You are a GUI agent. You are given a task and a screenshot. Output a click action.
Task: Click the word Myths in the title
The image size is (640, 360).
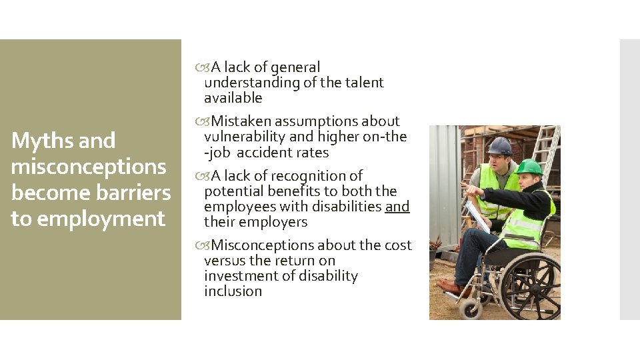[34, 141]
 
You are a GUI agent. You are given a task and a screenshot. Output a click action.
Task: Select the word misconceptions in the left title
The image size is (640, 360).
[89, 167]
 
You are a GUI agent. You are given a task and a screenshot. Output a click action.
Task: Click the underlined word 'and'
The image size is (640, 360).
[397, 207]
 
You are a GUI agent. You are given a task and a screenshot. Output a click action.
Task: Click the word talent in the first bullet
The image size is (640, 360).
[365, 83]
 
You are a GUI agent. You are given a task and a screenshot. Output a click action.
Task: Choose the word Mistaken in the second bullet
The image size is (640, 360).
[241, 121]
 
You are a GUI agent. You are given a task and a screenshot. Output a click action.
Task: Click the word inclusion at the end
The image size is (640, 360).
[233, 291]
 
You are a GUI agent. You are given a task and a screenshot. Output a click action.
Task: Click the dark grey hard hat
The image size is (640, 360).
[499, 146]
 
